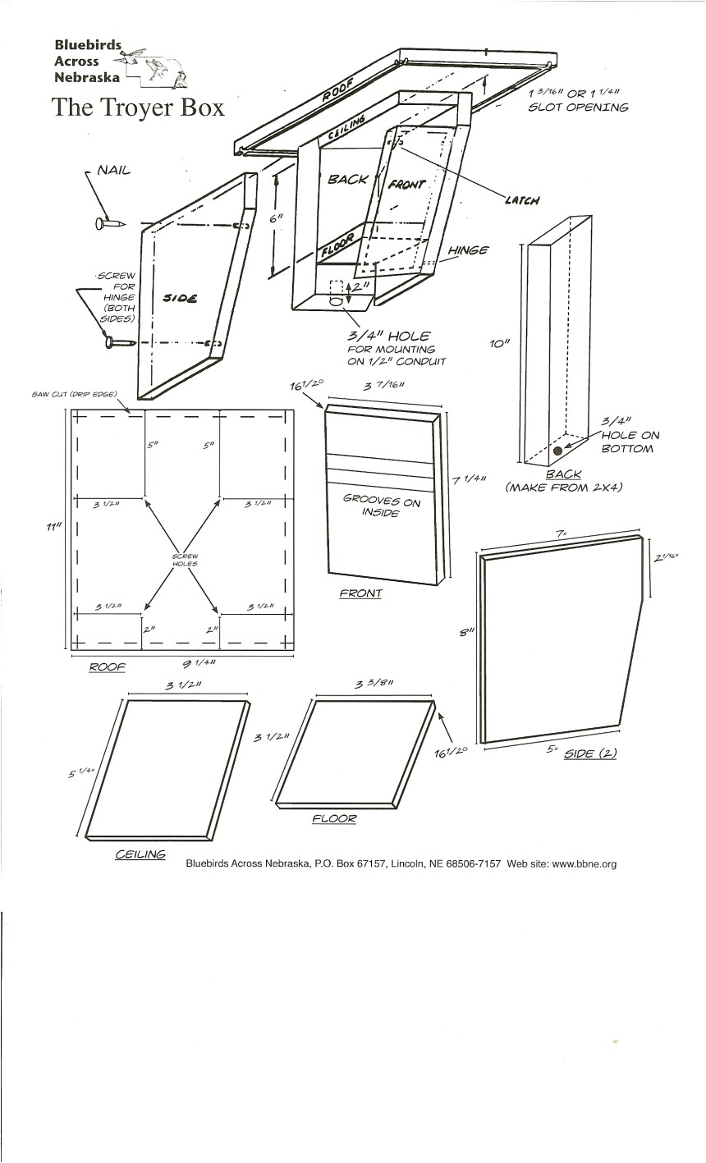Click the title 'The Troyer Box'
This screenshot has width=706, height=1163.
click(x=138, y=108)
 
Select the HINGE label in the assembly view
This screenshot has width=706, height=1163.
click(x=469, y=250)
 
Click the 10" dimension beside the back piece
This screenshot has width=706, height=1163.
click(x=501, y=346)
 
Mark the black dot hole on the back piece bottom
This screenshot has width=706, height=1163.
click(x=558, y=451)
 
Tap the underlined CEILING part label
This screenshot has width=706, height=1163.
click(x=140, y=854)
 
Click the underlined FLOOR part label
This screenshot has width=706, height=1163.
click(x=334, y=818)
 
